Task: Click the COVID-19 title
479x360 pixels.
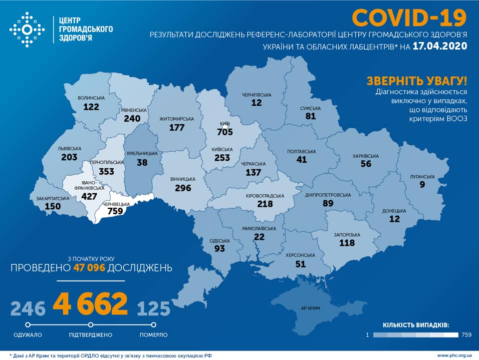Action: pyautogui.click(x=409, y=17)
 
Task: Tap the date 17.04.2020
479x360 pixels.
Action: pyautogui.click(x=440, y=46)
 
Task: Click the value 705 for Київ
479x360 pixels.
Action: pyautogui.click(x=225, y=132)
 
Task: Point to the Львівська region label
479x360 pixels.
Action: pyautogui.click(x=69, y=148)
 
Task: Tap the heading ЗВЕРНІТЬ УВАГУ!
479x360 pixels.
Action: pyautogui.click(x=417, y=80)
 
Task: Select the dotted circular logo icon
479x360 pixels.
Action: pyautogui.click(x=27, y=29)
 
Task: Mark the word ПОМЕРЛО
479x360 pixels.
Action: pyautogui.click(x=154, y=335)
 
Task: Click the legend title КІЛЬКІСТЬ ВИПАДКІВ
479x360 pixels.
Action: pyautogui.click(x=416, y=325)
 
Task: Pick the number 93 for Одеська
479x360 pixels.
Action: pyautogui.click(x=219, y=248)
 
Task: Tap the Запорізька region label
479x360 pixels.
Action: pyautogui.click(x=346, y=235)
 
